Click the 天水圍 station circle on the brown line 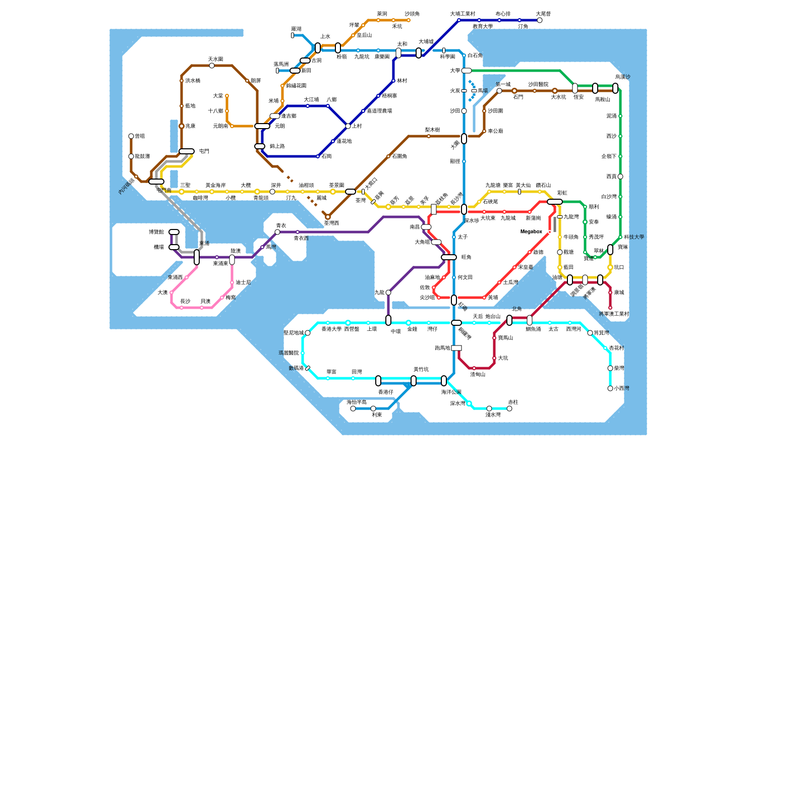tap(212, 66)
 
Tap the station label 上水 tap(325, 37)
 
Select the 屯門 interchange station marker tap(187, 151)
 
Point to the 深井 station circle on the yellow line tap(272, 192)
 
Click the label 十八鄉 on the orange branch tap(215, 111)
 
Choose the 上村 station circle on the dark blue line tap(348, 126)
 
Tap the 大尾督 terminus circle tap(540, 20)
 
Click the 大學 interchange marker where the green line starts tap(467, 71)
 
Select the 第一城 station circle tap(499, 91)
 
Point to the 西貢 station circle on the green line tap(620, 177)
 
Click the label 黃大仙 tap(523, 186)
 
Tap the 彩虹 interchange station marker tap(555, 202)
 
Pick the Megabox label tap(531, 232)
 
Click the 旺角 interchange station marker tap(449, 257)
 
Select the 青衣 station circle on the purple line tap(277, 232)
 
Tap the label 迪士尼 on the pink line tap(243, 282)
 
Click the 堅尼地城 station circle tap(308, 333)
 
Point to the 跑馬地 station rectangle tap(456, 348)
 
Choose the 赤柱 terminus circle tap(509, 409)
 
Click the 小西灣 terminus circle tap(610, 388)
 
